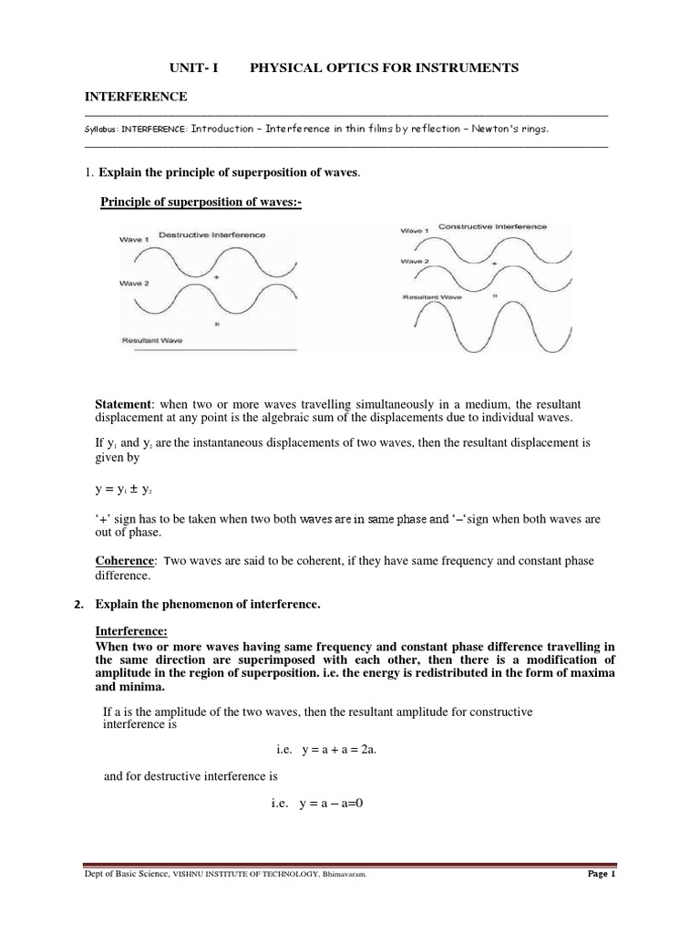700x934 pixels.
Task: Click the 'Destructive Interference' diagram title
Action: coord(212,234)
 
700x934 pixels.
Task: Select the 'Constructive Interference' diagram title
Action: coord(492,225)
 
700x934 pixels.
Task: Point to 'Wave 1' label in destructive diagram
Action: coord(134,240)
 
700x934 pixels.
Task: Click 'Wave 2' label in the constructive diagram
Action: coord(415,261)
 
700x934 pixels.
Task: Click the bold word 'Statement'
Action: coord(127,403)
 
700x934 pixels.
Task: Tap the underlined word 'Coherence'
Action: coord(127,560)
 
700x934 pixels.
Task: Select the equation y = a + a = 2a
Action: coord(324,749)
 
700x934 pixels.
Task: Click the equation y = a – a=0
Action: coord(324,804)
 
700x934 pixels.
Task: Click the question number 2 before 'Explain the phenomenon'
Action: coord(79,606)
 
